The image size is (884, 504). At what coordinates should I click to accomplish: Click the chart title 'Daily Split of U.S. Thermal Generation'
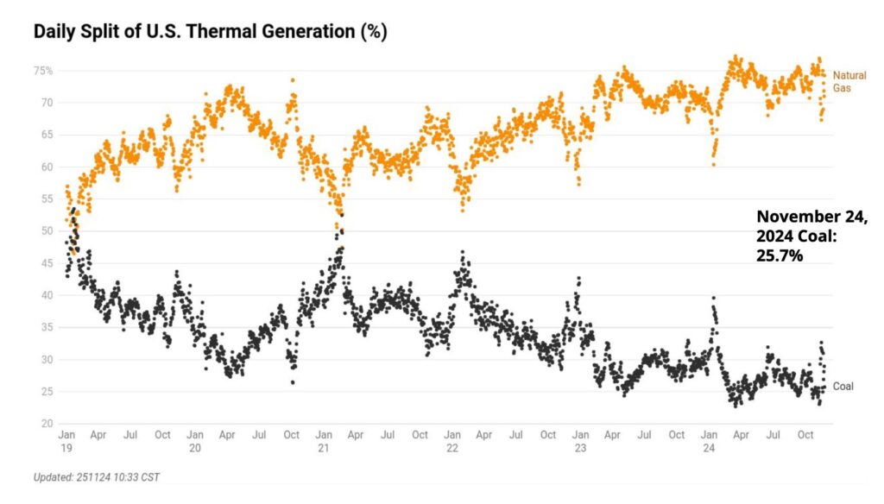pos(210,33)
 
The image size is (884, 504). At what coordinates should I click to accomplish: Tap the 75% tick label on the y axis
pos(44,71)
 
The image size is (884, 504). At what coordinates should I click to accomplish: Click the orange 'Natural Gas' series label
pos(849,82)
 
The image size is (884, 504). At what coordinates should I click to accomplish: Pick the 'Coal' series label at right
pos(843,387)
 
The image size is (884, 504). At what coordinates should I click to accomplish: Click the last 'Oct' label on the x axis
pos(805,436)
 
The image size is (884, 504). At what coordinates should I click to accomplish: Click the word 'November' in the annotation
pos(797,217)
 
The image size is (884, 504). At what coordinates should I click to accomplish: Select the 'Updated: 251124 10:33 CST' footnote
pos(97,477)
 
